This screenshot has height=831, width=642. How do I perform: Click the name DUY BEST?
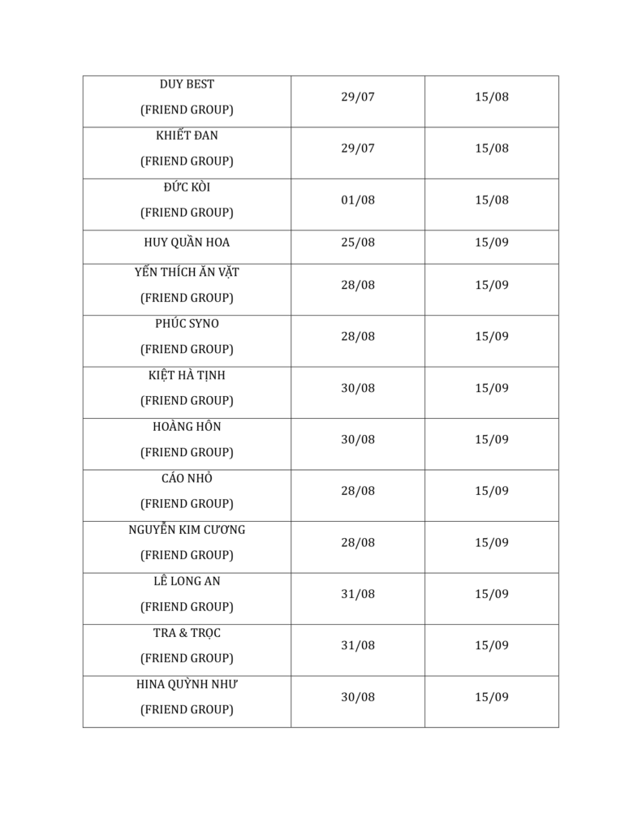[x=187, y=84]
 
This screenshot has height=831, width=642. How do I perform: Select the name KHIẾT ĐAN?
[x=187, y=136]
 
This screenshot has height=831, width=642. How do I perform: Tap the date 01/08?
[x=358, y=200]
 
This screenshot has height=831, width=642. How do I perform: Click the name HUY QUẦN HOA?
[x=187, y=243]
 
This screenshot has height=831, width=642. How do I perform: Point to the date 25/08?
[x=358, y=243]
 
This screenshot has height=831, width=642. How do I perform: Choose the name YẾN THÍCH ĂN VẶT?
[x=187, y=273]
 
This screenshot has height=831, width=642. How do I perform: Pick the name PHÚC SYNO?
[x=187, y=324]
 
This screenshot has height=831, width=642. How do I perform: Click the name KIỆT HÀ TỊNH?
[x=187, y=376]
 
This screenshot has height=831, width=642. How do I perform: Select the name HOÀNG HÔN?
[x=187, y=427]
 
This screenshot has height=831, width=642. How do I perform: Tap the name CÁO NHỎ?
[x=187, y=479]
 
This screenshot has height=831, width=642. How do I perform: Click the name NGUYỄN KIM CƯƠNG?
[x=187, y=530]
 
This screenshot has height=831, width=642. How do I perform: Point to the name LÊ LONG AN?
[x=187, y=582]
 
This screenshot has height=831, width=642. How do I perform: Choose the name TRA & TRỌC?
[x=187, y=633]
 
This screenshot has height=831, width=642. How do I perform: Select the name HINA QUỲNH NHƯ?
[x=187, y=685]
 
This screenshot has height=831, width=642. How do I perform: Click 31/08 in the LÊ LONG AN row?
[x=358, y=594]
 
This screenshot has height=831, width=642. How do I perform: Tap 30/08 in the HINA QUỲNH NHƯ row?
[x=358, y=697]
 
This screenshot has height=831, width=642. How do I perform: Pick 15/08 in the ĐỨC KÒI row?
[x=492, y=200]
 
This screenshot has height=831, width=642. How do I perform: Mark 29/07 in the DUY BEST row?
[x=358, y=97]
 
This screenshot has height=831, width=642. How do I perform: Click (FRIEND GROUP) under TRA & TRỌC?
[x=187, y=658]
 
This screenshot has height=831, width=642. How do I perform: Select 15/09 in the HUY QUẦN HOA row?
[x=492, y=243]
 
